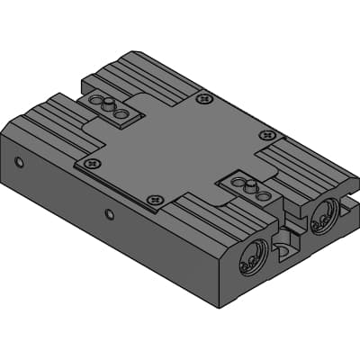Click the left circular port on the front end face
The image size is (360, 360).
point(251,257)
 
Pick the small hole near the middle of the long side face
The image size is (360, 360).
point(109,214)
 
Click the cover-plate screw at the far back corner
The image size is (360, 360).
point(207,98)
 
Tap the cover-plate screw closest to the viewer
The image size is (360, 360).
point(154,197)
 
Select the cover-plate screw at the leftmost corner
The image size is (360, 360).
point(90,164)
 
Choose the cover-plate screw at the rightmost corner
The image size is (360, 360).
point(266,135)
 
